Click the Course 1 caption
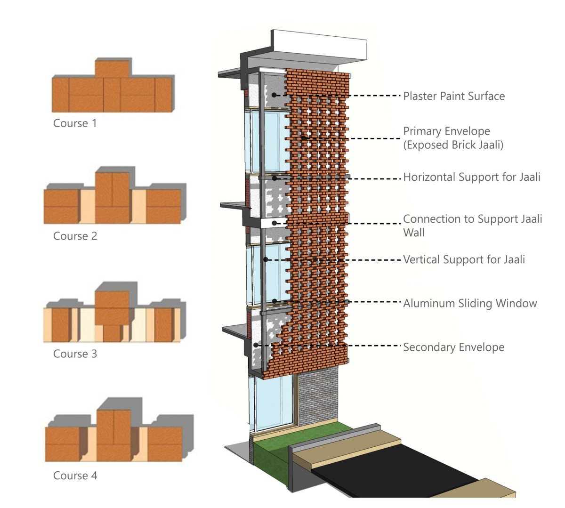pos(75,123)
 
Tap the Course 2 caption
pos(75,236)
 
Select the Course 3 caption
pos(75,354)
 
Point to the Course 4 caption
pos(75,476)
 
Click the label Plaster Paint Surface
pos(454,96)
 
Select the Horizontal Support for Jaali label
pos(472,177)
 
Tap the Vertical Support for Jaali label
pos(464,259)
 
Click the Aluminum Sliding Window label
pos(470,303)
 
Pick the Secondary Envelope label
pos(453,347)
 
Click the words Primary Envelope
pos(446,131)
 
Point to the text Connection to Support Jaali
pos(472,219)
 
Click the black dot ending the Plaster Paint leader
pos(274,96)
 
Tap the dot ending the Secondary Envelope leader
pos(256,345)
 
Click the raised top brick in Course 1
pos(113,68)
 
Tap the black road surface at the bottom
pos(400,466)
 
